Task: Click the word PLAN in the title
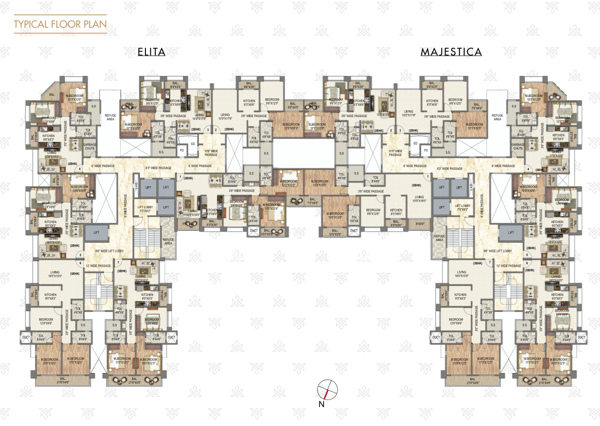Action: coord(95,24)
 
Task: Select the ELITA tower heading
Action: coord(151,52)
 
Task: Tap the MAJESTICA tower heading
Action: coord(451,52)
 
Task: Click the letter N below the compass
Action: coord(321,404)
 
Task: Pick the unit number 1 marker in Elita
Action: coord(180,177)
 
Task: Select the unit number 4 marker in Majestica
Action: coord(528,169)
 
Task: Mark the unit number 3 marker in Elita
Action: coord(208,130)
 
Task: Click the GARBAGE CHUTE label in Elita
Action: coord(90,146)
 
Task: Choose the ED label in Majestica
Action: coord(415,144)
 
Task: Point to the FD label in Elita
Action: coord(182,150)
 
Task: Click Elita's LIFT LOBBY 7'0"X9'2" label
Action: coord(145,209)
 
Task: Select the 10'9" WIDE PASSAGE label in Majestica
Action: coord(395,153)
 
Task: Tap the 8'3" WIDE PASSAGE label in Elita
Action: coord(158,168)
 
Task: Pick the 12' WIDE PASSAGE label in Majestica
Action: coord(508,266)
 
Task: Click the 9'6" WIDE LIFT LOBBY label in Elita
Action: coord(109,251)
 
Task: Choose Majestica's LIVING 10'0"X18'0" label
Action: coord(419,199)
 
